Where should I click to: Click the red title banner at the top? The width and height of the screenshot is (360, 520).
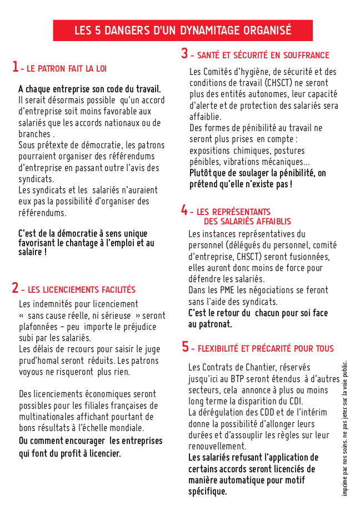(x=183, y=30)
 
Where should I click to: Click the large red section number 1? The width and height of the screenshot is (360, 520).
(x=15, y=67)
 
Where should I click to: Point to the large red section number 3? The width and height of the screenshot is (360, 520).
(x=184, y=54)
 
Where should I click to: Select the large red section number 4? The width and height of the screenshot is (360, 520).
(x=184, y=210)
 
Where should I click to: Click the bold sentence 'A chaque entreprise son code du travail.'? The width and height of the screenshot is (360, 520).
(x=89, y=89)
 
